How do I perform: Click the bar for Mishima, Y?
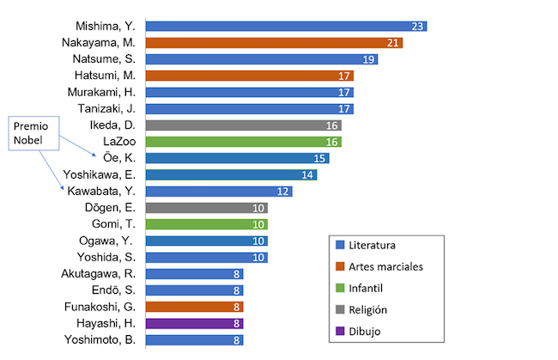tap(286, 26)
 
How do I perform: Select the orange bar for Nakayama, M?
tap(274, 42)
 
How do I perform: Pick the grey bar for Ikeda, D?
tap(244, 125)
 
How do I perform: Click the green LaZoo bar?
tap(244, 142)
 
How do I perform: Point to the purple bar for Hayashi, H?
tap(195, 324)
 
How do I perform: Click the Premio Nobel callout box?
tap(34, 135)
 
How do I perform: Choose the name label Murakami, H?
tap(103, 92)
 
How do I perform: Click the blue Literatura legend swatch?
tap(341, 245)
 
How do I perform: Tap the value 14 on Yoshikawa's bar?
tap(307, 175)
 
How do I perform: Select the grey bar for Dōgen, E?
tap(207, 208)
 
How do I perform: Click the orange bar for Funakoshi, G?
tap(195, 307)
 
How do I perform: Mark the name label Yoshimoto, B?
tap(100, 340)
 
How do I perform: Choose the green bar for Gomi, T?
tap(207, 224)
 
